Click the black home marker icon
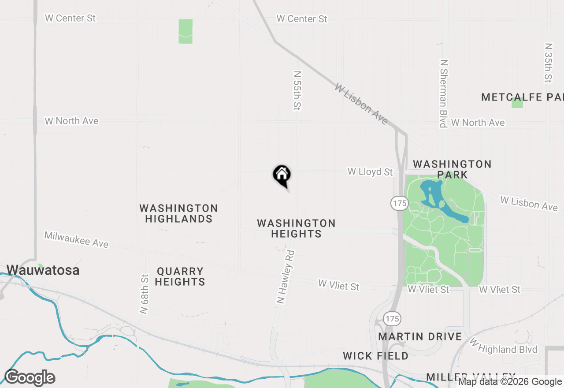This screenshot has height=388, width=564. point(282,175)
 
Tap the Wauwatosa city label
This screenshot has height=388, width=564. point(43,270)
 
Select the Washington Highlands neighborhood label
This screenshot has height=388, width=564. point(178,213)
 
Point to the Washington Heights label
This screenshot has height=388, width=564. point(296,228)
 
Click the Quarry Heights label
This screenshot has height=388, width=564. point(180,276)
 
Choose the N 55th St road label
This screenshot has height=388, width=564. point(297,90)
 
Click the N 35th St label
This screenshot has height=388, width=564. point(548,63)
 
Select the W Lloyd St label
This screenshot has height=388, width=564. point(370,172)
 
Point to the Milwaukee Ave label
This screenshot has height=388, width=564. point(76,239)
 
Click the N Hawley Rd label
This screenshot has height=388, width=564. point(286,277)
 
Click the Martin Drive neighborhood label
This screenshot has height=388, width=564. point(420,336)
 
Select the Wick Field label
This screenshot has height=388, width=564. point(375,356)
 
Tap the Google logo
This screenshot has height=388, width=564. point(30,378)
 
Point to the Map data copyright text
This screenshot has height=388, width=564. point(510,382)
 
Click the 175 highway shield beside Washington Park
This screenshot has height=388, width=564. point(399,203)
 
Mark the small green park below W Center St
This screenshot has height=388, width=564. point(186,31)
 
